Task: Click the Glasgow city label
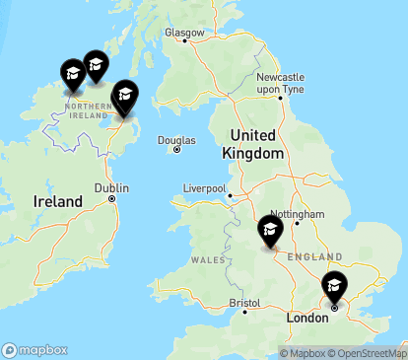pos(184,33)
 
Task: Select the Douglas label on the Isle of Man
pos(176,140)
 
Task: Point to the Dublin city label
pos(111,187)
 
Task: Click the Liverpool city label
pos(204,187)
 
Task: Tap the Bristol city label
pos(243,303)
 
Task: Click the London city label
pos(306,320)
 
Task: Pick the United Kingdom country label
pos(257,144)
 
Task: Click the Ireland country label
pos(58,201)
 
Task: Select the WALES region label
pos(209,259)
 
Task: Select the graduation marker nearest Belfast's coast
pos(124,96)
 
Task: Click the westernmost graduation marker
pos(72,74)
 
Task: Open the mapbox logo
pos(35,350)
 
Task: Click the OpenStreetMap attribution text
pos(367,353)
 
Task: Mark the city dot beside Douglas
pos(176,150)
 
